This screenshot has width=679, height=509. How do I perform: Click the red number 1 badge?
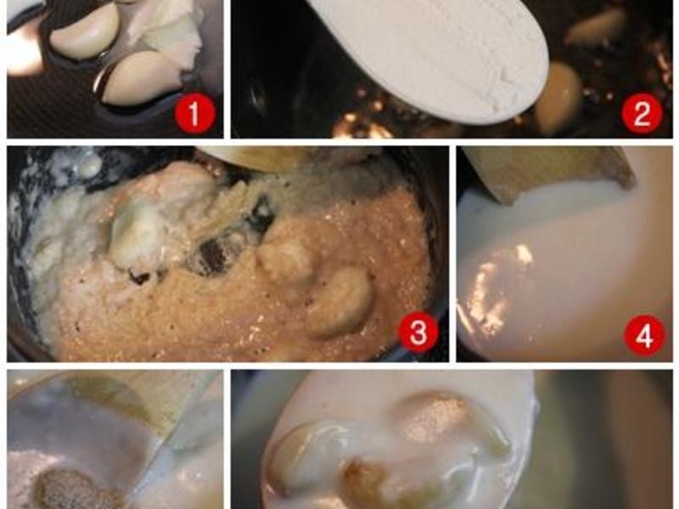tap(194, 114)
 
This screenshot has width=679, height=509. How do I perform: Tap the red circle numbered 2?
tap(642, 114)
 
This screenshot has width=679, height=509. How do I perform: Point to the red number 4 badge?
tap(644, 334)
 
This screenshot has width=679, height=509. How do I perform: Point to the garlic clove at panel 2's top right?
tap(596, 27)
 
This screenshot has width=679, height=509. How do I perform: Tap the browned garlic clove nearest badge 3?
tap(342, 303)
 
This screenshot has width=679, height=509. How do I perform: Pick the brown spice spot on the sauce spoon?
tap(433, 413)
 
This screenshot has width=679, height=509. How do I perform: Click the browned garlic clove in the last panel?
tap(366, 483)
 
